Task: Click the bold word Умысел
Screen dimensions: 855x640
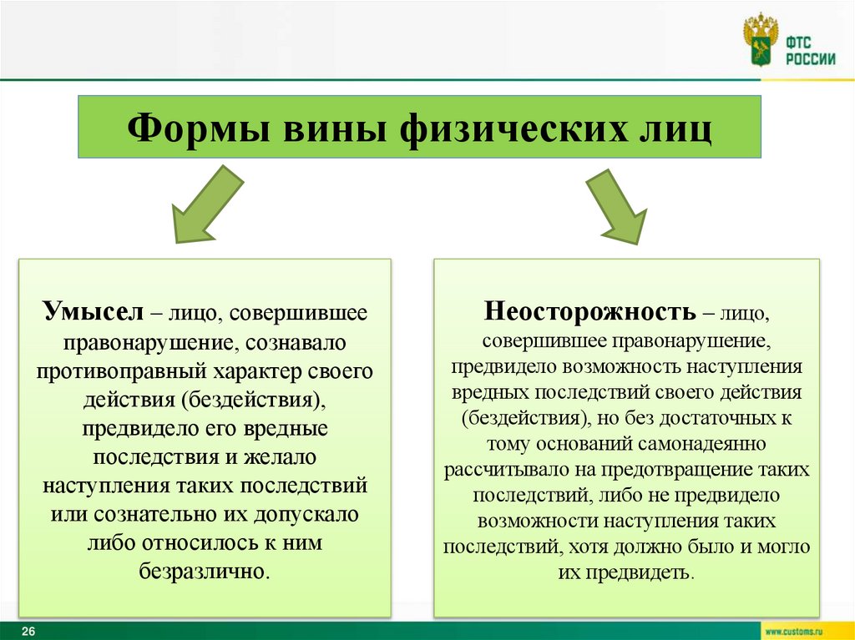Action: pyautogui.click(x=94, y=315)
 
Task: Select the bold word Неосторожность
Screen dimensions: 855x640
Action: pyautogui.click(x=589, y=312)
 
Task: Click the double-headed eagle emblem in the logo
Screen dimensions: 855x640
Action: pyautogui.click(x=761, y=39)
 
